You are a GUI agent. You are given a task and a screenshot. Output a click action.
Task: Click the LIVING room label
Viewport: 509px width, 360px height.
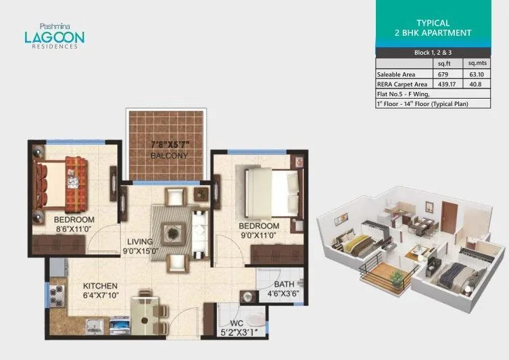click(139, 241)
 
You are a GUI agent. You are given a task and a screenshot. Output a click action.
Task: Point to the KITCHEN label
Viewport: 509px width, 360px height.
click(101, 286)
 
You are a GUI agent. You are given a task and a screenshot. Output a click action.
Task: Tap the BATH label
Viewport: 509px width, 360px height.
click(284, 284)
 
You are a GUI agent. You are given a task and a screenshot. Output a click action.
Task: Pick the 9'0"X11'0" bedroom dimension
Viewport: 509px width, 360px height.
click(259, 236)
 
